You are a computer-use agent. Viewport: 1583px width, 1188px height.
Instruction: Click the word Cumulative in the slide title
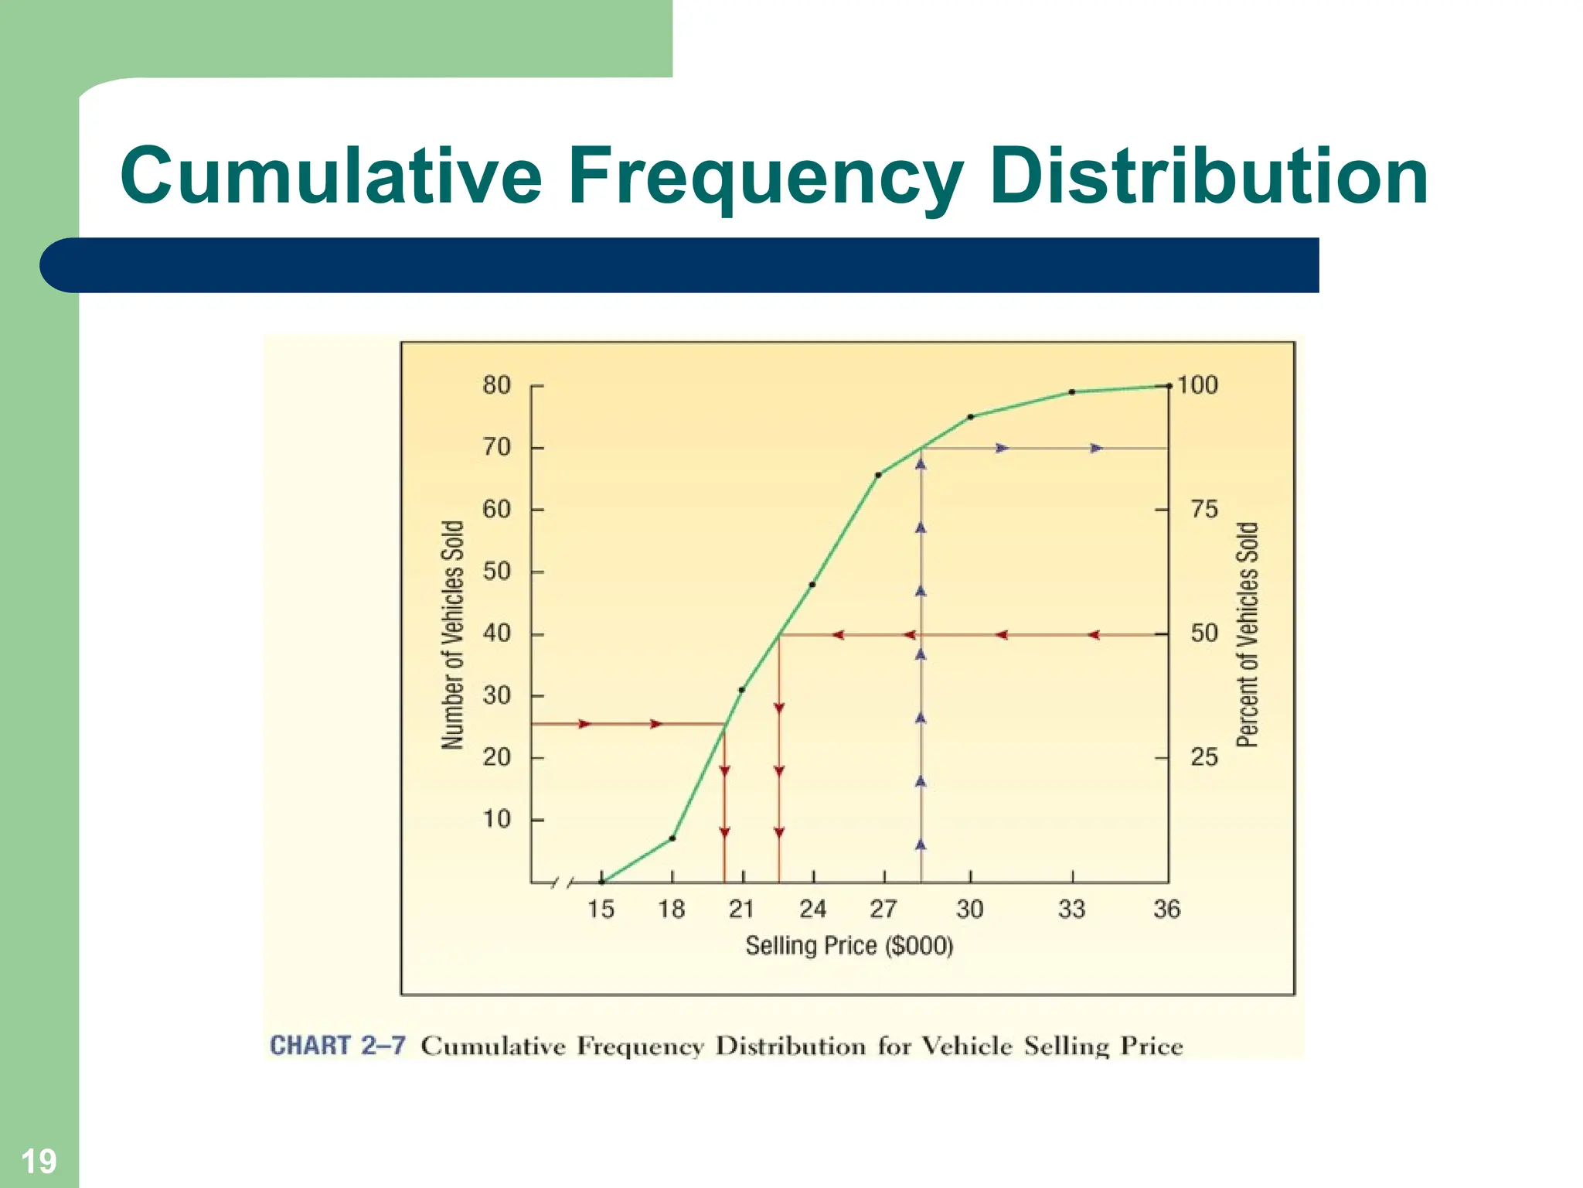pos(331,176)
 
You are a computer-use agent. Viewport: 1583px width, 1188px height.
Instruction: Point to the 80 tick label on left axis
pos(497,385)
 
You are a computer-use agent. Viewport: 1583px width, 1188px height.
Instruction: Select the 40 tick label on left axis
pos(497,633)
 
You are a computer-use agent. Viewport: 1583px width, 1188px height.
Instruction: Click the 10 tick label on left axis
pos(497,819)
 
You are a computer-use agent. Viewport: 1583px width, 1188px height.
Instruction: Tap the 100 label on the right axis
pos(1197,385)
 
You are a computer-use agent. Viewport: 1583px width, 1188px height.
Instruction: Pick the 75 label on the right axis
pos(1203,510)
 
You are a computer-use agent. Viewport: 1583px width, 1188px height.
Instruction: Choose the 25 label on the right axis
pos(1203,757)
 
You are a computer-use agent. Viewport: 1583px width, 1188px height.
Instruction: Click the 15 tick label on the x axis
pos(601,909)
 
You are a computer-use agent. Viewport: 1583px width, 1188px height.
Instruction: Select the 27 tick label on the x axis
pos(883,909)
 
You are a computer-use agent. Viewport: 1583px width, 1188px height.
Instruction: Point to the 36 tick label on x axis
pos(1166,909)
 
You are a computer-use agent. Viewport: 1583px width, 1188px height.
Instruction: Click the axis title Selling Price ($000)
pos(849,946)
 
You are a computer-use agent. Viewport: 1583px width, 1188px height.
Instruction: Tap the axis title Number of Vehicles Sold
pos(453,634)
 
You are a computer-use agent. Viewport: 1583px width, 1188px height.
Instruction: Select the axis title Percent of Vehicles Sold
pos(1248,634)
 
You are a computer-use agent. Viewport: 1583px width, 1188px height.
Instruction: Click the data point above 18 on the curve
pos(672,838)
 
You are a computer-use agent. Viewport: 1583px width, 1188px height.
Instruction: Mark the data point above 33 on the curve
pos(1072,392)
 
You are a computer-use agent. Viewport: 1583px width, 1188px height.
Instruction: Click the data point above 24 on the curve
pos(812,585)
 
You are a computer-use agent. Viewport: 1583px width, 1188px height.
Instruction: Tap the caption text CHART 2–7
pos(337,1046)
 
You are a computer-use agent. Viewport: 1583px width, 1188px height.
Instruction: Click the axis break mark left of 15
pos(563,882)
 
